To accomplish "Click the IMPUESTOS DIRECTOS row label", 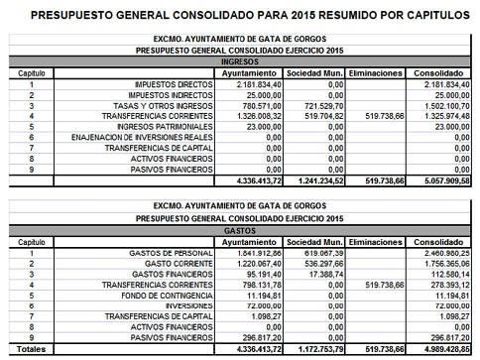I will [160, 84].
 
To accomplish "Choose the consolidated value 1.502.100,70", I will [433, 104].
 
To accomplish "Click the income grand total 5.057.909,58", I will [433, 180].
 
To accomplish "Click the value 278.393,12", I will [435, 284].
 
